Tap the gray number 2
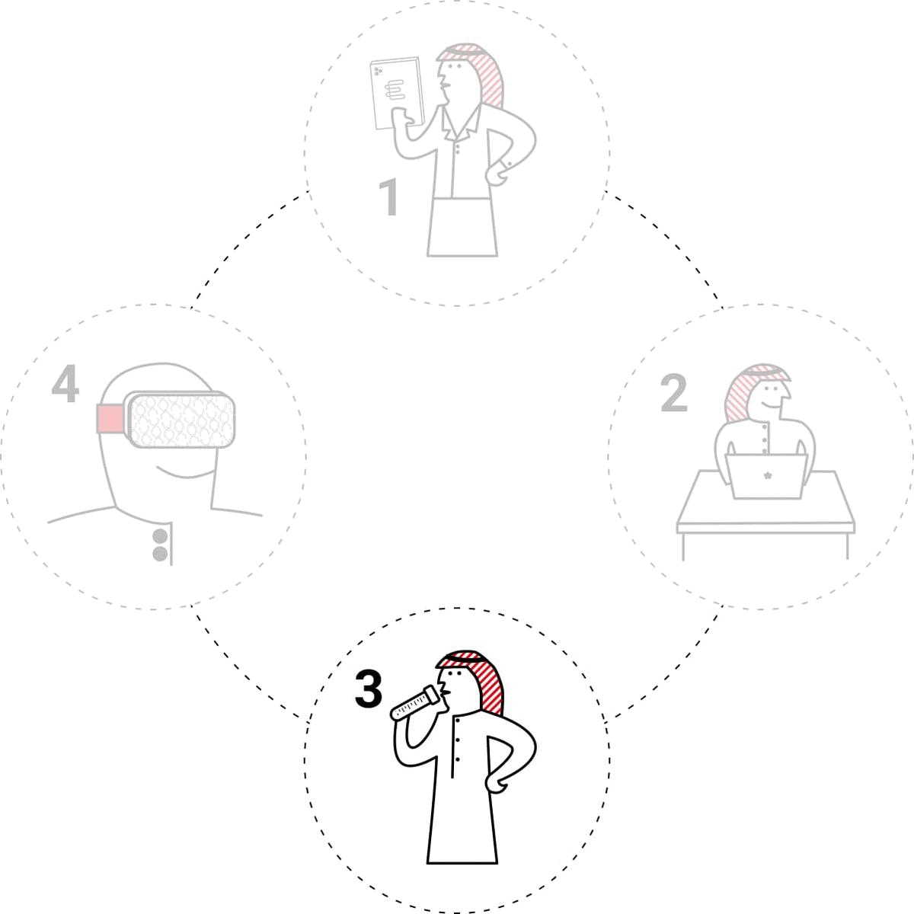[x=673, y=392]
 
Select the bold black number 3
[x=369, y=689]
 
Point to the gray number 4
[x=65, y=383]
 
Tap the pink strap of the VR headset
[x=110, y=418]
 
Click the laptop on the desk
[x=766, y=476]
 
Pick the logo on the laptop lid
[x=768, y=476]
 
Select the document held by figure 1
[x=397, y=93]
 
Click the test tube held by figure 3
[x=415, y=704]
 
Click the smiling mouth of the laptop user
[x=772, y=406]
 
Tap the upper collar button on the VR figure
[x=160, y=536]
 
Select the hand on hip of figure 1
[x=497, y=174]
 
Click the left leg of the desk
[x=683, y=546]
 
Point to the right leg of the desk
[x=847, y=546]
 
